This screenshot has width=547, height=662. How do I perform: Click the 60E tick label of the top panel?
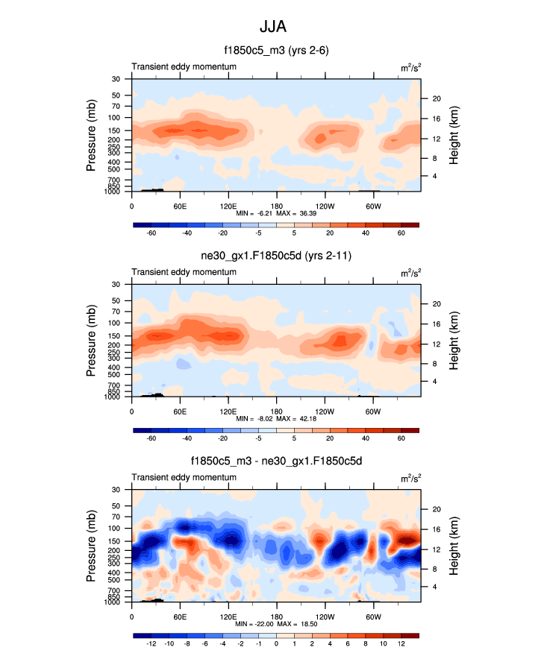coord(180,206)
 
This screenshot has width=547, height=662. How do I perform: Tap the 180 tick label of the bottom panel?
coord(276,617)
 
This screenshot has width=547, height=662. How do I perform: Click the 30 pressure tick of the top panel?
coord(116,79)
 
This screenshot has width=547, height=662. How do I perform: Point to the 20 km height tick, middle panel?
coord(437,303)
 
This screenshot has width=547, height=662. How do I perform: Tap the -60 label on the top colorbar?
coord(151,233)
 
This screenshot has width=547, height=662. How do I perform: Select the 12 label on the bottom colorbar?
coord(401,643)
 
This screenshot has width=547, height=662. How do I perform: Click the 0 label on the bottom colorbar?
coord(276,643)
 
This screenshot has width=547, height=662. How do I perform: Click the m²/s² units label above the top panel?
coord(410,67)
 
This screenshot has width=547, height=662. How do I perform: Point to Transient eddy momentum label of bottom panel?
coord(184,477)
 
